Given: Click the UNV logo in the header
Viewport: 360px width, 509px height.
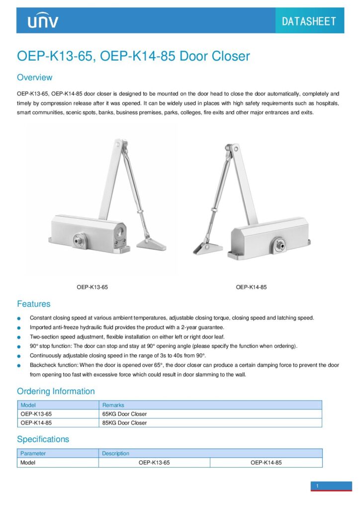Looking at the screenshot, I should tap(43, 21).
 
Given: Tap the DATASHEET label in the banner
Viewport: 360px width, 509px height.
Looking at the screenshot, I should tap(309, 21).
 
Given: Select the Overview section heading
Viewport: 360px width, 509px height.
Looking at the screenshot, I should tap(34, 78).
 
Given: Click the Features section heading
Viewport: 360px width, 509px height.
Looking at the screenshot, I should tap(33, 304).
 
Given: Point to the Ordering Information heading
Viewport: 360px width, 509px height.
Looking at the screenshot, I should tap(56, 391).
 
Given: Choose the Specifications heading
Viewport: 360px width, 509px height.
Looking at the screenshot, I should tap(43, 439).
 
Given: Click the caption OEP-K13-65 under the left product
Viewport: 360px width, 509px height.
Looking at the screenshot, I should tap(92, 287).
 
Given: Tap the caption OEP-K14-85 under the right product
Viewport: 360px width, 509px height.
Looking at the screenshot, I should tap(251, 287).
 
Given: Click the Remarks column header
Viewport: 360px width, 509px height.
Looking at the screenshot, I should tap(113, 405).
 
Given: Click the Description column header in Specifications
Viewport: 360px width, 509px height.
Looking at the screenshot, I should tap(115, 453).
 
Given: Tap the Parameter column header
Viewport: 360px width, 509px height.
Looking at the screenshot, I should tap(33, 453).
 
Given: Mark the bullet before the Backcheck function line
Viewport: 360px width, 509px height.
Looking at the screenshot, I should tap(19, 365).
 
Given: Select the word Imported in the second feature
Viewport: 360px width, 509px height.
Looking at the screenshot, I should tap(41, 328).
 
